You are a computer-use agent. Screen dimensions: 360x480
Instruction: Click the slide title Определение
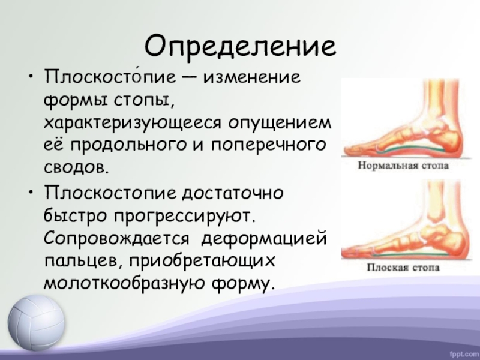tap(240, 45)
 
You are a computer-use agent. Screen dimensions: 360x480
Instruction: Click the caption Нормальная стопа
tap(403, 164)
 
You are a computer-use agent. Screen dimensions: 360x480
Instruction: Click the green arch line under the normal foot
tap(408, 145)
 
